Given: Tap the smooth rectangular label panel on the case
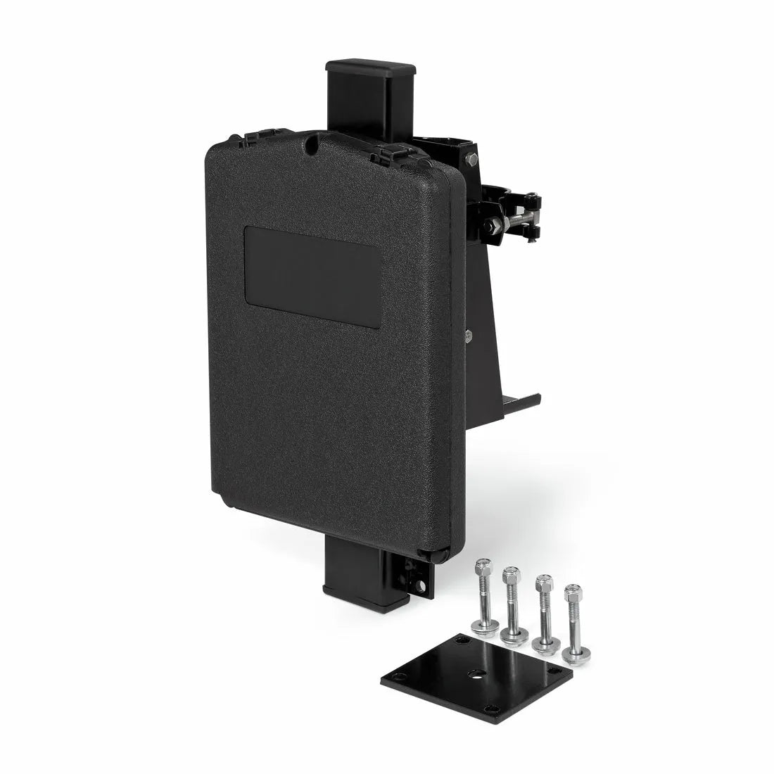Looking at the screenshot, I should point(313,276).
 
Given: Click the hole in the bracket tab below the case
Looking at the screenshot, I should point(421,585).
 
